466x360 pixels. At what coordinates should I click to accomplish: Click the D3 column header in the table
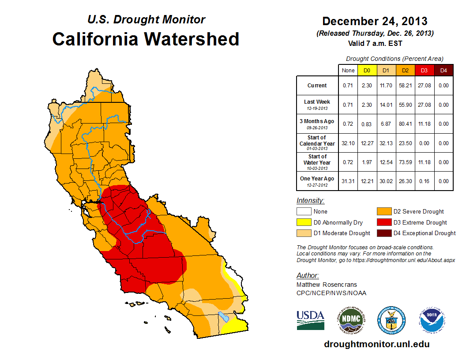(x=424, y=70)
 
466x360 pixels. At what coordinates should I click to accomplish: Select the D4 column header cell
(x=443, y=70)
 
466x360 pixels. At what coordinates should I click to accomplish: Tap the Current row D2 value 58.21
(x=405, y=86)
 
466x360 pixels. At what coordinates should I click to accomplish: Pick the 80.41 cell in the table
(x=405, y=124)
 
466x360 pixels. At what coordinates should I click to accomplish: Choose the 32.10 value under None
(x=348, y=143)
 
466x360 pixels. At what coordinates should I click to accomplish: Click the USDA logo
(x=310, y=320)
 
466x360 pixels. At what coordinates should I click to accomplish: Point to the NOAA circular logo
(x=432, y=320)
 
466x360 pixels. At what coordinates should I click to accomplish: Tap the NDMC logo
(x=351, y=320)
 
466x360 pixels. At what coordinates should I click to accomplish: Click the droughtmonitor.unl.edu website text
(x=376, y=344)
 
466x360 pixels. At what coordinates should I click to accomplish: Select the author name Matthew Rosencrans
(x=327, y=285)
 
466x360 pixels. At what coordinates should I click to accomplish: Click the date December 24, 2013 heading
(x=375, y=21)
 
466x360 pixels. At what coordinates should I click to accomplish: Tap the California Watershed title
(x=146, y=39)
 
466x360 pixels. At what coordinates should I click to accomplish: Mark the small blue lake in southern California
(x=223, y=317)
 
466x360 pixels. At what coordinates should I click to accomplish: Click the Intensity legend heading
(x=310, y=200)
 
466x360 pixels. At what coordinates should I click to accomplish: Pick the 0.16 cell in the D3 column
(x=424, y=181)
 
